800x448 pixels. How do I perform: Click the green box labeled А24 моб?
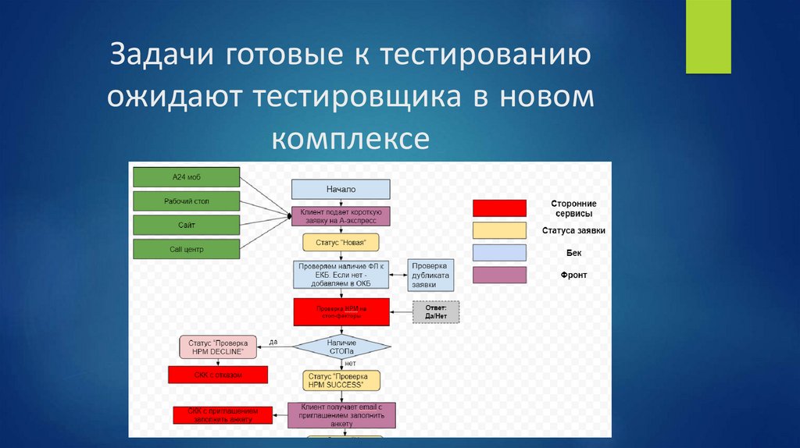(x=186, y=177)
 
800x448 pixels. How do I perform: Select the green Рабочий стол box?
(x=186, y=201)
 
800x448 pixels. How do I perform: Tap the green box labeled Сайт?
(x=186, y=225)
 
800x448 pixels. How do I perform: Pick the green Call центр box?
(x=186, y=249)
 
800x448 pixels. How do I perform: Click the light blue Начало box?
(x=341, y=190)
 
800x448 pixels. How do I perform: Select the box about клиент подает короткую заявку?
(x=341, y=216)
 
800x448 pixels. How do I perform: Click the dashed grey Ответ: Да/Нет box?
(x=436, y=311)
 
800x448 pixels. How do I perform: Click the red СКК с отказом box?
(x=218, y=375)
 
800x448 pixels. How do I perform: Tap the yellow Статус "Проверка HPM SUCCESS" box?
(x=341, y=380)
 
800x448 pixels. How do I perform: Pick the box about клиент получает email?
(x=341, y=414)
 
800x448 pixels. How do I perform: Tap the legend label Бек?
(x=573, y=253)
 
